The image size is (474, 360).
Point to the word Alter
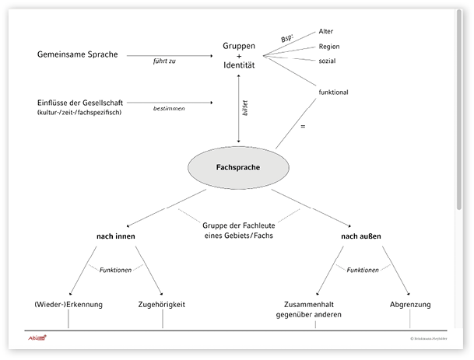(x=326, y=31)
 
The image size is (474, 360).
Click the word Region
(x=329, y=47)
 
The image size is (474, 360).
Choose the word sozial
(x=328, y=61)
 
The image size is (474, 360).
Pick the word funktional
(x=333, y=92)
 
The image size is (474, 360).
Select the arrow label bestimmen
(x=169, y=110)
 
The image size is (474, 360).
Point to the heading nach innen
(x=117, y=235)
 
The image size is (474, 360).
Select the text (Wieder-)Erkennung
(x=68, y=304)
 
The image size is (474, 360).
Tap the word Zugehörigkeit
(x=161, y=304)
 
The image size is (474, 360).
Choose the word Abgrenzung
(x=410, y=304)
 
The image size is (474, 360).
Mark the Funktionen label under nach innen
(x=116, y=270)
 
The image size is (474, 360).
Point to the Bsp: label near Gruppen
(x=288, y=38)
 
